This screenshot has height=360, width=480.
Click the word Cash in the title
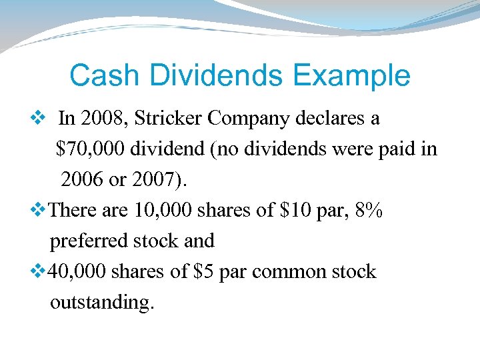99,75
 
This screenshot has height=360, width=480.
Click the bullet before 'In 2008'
37,119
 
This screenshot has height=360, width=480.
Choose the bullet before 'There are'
37,210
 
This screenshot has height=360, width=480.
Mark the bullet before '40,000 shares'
37,271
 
